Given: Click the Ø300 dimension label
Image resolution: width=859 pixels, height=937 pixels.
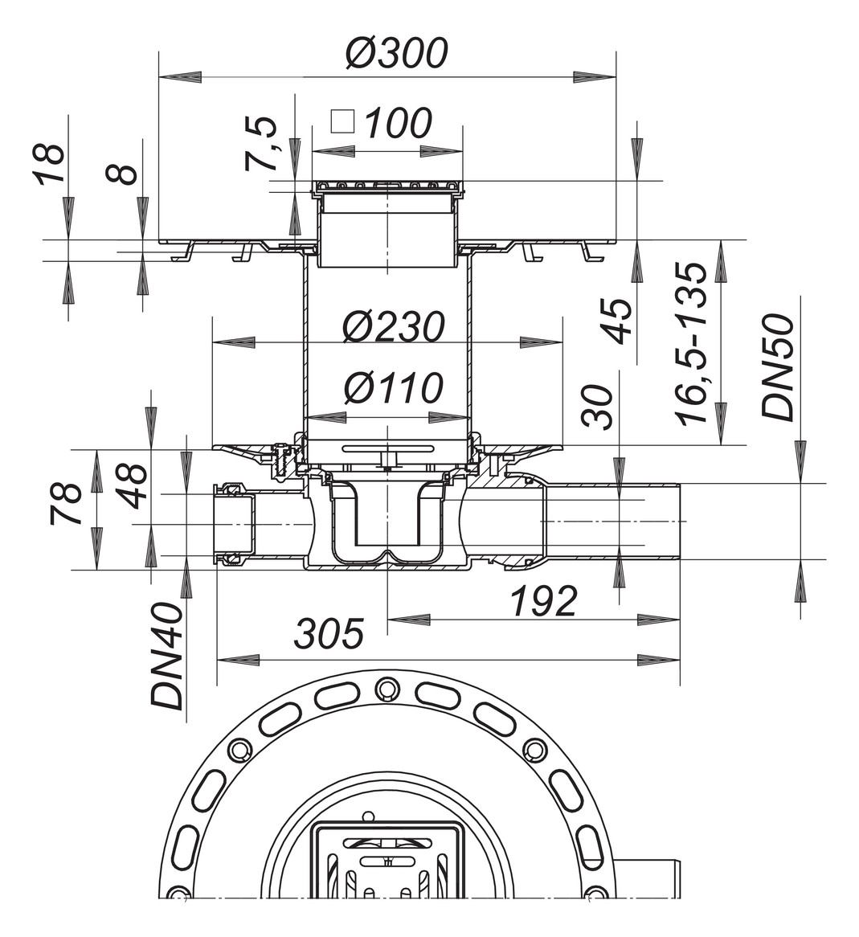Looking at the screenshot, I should coord(395,53).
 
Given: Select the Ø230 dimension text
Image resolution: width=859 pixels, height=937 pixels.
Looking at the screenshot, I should coord(393,326).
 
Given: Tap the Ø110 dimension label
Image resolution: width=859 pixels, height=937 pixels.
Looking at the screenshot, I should coord(393,389).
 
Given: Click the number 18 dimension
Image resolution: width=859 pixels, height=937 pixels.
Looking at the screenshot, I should coord(49,165).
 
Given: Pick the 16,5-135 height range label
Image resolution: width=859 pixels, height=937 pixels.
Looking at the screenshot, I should coord(692,343).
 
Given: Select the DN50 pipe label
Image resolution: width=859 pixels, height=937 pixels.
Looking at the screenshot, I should coord(778,368).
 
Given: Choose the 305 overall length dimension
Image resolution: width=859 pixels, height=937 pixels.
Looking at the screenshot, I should coord(328,634).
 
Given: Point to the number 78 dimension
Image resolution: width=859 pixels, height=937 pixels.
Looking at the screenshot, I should coord(67,503).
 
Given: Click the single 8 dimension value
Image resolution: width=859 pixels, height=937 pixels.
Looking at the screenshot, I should coord(124,172).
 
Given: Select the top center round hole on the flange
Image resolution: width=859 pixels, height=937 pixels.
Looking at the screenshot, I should coord(387,688).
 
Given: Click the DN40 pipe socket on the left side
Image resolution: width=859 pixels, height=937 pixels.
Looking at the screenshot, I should coord(235,525).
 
